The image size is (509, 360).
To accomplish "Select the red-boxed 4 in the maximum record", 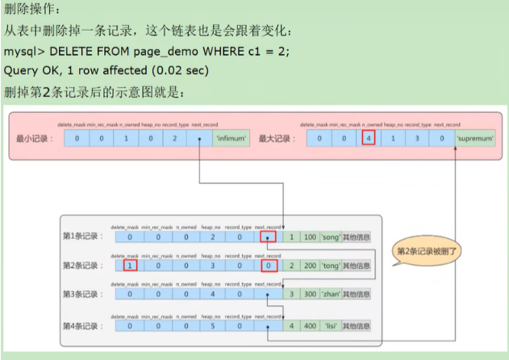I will (369, 139).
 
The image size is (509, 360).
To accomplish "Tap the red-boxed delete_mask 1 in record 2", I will (129, 265).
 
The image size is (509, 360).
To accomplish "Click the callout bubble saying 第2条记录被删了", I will (427, 251).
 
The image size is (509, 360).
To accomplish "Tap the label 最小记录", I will (33, 139).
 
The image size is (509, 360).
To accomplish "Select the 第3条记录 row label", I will (83, 294).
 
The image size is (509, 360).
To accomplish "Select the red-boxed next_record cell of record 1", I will (268, 237).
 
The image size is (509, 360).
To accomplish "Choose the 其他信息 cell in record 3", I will (357, 294).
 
